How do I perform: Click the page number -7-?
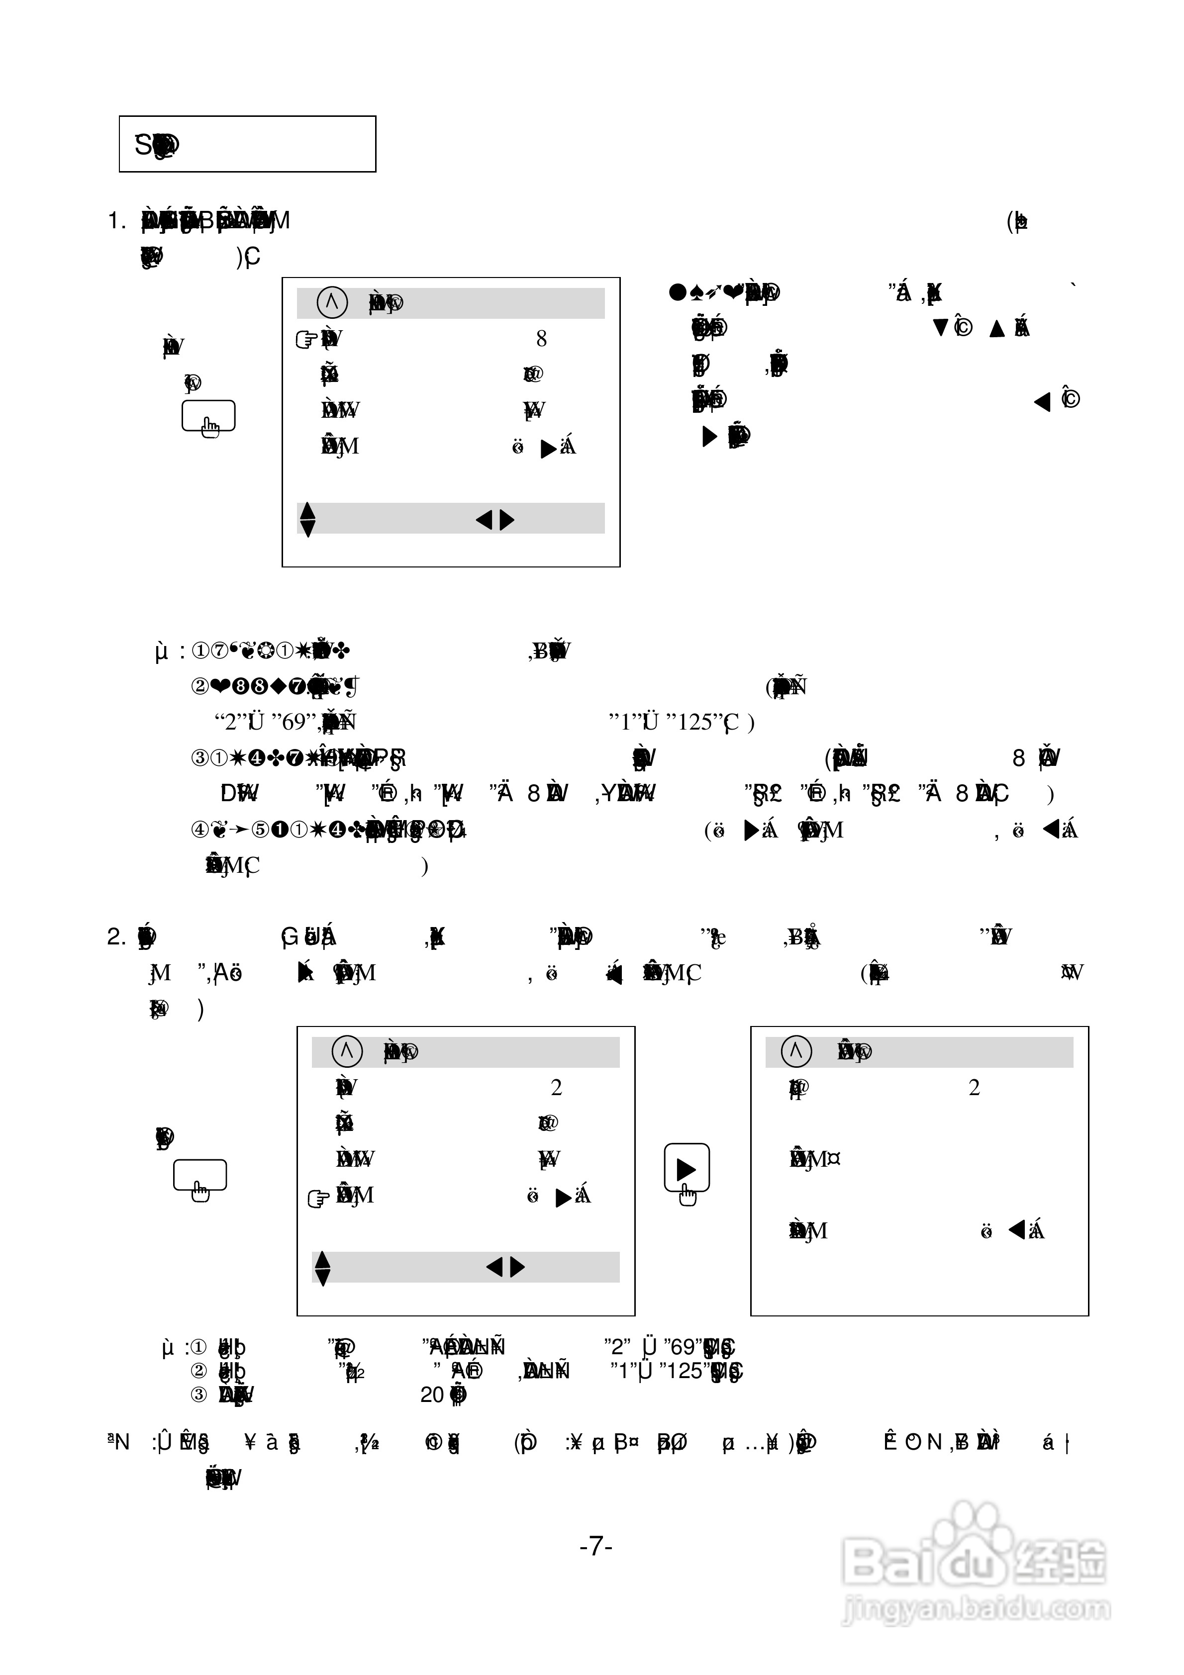coord(595,1546)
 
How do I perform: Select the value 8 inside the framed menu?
coord(541,339)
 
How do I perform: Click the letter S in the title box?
coord(143,144)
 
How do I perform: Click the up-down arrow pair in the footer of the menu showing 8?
coord(308,519)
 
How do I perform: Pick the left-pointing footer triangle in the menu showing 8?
coord(483,519)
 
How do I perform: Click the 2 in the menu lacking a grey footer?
coord(974,1088)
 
